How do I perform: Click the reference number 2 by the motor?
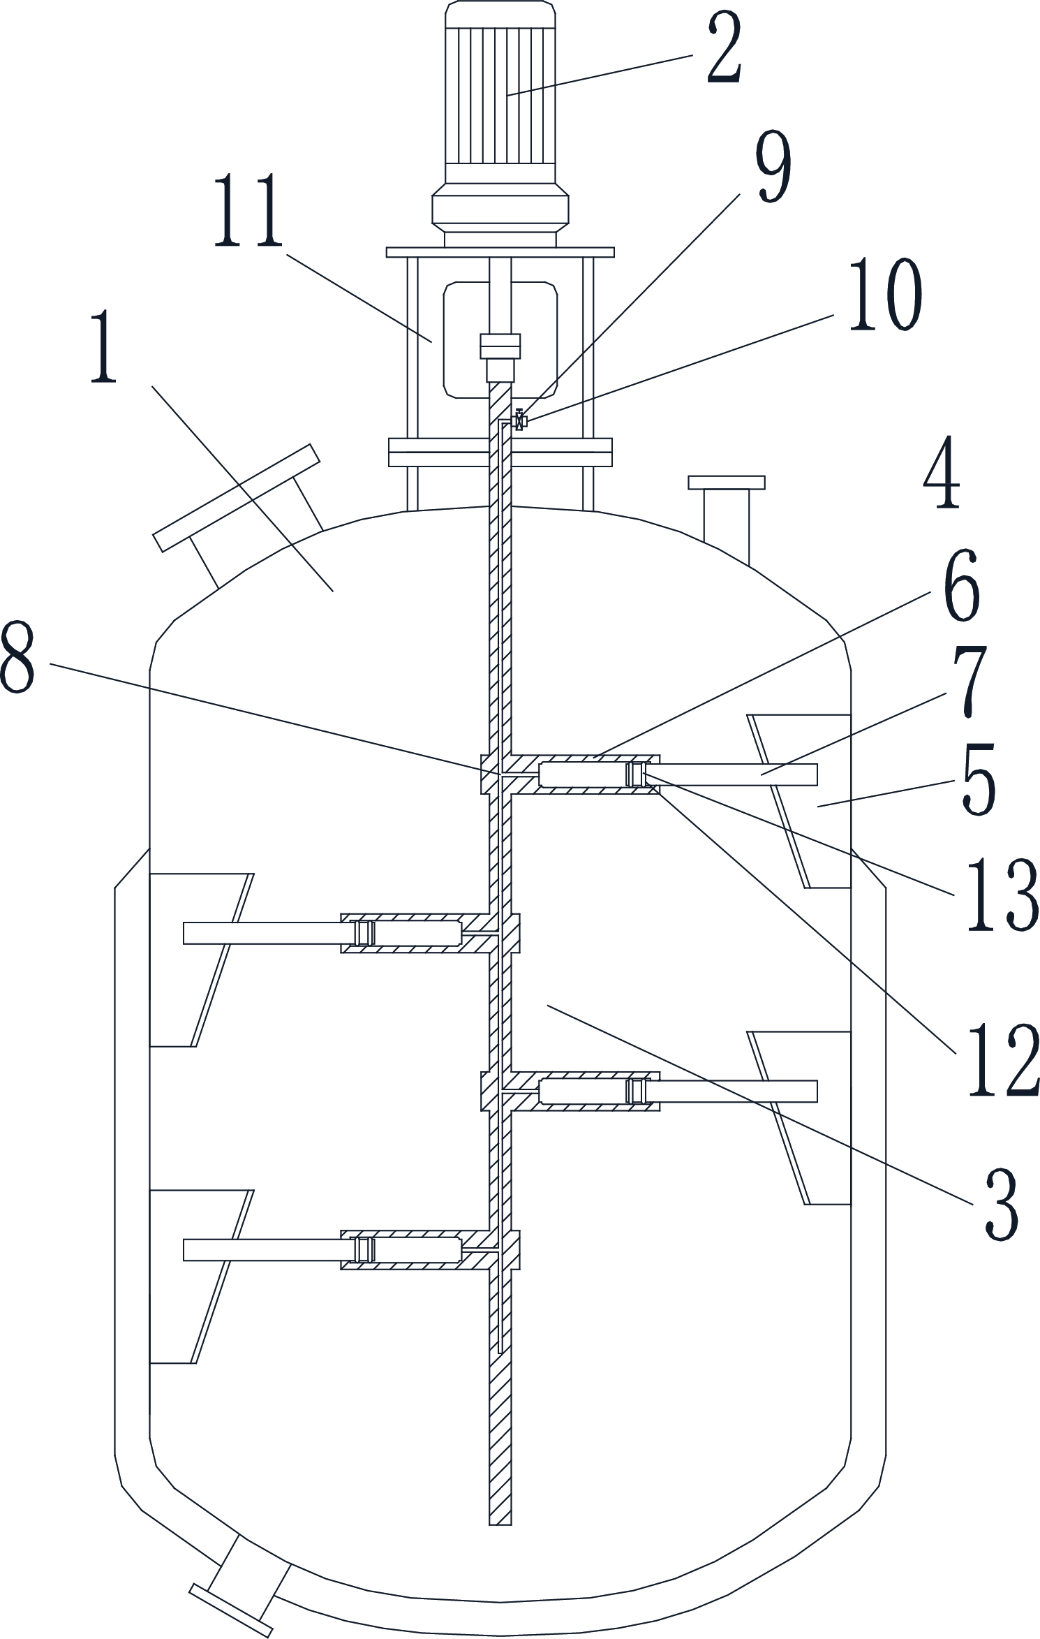click(724, 47)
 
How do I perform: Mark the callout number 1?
click(104, 347)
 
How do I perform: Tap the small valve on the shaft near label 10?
click(519, 420)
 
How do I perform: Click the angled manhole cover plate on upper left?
click(237, 498)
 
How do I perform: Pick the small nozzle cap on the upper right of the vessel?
click(726, 483)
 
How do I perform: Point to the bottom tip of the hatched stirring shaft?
click(500, 1524)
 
